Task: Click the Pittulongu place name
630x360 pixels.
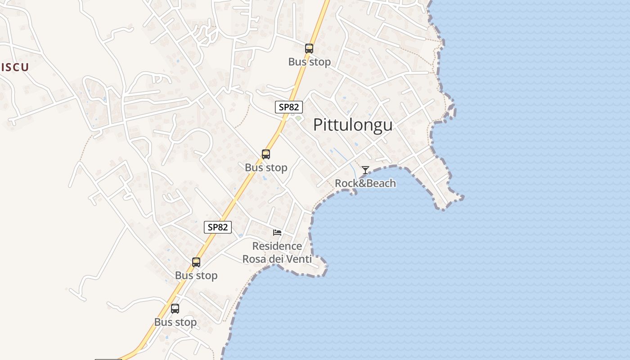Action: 352,125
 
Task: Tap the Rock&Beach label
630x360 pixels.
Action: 365,183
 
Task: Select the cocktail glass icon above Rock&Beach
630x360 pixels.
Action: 365,170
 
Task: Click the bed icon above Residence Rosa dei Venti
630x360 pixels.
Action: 277,232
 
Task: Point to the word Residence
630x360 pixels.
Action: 277,246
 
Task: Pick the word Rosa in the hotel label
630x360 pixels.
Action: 254,259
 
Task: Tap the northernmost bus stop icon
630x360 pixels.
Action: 309,49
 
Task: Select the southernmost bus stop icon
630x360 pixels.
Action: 175,309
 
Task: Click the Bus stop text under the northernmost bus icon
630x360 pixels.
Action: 310,62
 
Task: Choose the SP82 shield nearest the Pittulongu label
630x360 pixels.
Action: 289,107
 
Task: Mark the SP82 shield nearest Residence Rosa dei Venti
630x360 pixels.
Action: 218,227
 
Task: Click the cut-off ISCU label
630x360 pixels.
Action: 14,67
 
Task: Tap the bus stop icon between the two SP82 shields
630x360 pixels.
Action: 266,154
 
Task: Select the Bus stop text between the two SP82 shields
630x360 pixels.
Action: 266,168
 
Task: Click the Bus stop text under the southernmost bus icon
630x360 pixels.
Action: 175,322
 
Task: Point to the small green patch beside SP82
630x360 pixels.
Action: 298,118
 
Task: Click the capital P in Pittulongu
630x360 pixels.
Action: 318,125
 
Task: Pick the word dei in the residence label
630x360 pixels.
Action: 276,259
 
